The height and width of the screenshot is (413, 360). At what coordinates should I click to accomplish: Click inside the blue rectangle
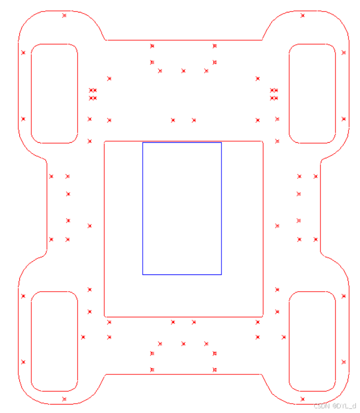[x=182, y=208]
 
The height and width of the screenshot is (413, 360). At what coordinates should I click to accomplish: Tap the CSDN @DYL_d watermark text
[x=335, y=405]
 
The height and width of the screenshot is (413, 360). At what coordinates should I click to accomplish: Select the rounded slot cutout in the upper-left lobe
[x=55, y=94]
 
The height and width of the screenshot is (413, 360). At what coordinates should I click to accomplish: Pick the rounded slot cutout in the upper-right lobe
[x=312, y=94]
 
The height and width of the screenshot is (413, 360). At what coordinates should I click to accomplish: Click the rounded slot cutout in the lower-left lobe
[x=55, y=341]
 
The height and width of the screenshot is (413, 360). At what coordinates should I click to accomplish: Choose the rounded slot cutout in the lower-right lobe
[x=312, y=341]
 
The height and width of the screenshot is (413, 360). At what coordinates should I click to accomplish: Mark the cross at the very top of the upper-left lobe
[x=65, y=16]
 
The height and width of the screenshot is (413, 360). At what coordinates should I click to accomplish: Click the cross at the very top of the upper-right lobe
[x=303, y=16]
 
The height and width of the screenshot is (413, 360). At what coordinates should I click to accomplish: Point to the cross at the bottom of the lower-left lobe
[x=65, y=399]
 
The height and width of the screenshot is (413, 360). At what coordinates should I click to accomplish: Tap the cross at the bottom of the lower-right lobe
[x=303, y=399]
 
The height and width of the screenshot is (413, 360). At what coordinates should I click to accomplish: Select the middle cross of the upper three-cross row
[x=183, y=71]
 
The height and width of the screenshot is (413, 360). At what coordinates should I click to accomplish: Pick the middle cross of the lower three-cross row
[x=183, y=344]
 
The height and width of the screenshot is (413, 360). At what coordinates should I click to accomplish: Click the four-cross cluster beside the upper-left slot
[x=93, y=94]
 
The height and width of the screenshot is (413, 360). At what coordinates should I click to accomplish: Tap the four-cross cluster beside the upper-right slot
[x=274, y=94]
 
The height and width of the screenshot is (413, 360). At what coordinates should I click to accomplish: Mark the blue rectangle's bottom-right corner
[x=221, y=274]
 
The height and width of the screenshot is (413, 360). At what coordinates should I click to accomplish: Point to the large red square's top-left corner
[x=105, y=141]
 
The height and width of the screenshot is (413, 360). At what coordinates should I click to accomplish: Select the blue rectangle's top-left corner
[x=143, y=143]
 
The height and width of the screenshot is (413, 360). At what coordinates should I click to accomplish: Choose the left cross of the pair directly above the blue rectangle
[x=173, y=120]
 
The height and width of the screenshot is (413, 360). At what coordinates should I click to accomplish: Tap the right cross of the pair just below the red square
[x=194, y=322]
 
